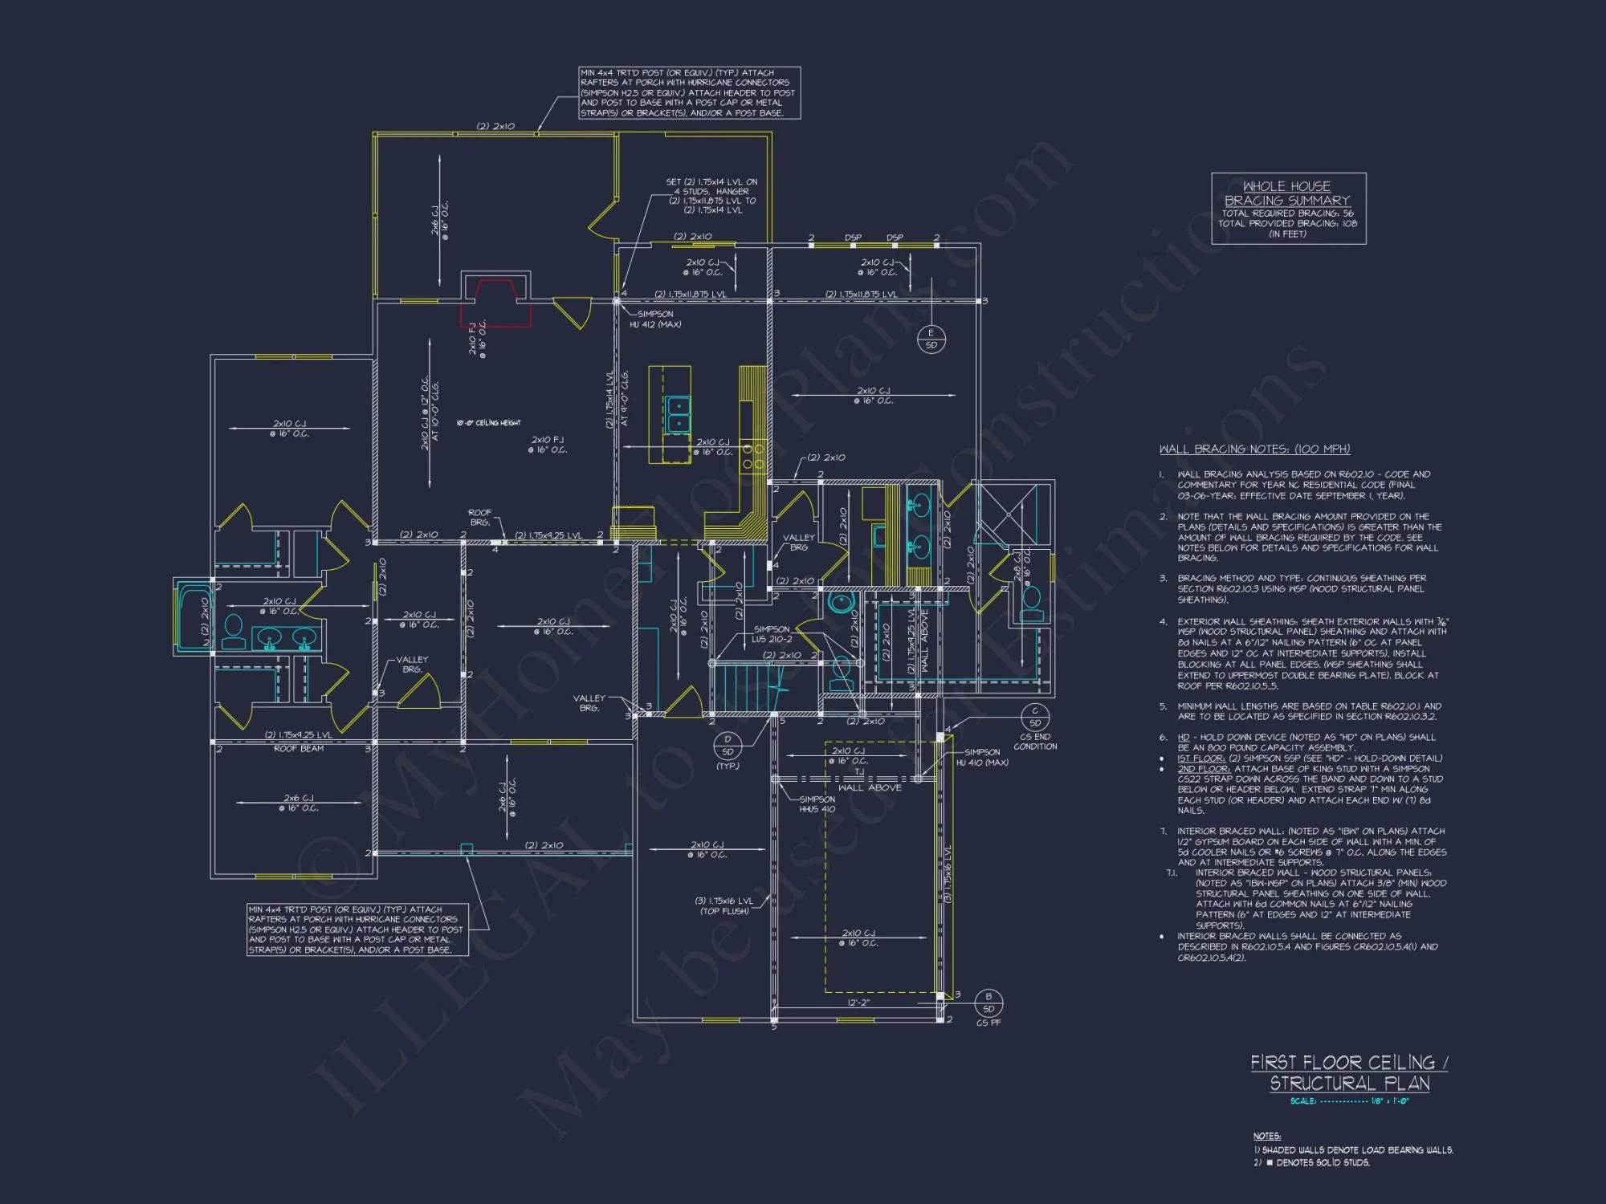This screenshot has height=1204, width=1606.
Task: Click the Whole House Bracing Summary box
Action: [1288, 209]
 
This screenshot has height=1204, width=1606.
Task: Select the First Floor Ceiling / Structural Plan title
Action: [1349, 1072]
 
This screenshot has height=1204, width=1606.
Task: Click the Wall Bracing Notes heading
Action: [1254, 449]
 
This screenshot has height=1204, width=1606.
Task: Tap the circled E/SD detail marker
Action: [931, 339]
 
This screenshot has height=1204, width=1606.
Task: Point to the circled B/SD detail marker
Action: [988, 1003]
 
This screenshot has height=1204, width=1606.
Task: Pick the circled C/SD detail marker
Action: [1035, 717]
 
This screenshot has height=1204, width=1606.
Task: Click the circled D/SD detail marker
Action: [728, 746]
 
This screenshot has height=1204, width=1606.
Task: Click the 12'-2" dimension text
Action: [858, 1003]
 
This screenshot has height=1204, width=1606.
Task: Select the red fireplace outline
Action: [495, 303]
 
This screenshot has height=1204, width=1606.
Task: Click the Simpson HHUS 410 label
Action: [817, 804]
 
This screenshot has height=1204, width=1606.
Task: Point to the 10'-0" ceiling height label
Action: [488, 423]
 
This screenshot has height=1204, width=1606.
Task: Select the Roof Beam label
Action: [299, 749]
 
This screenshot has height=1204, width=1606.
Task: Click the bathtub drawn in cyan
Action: [194, 618]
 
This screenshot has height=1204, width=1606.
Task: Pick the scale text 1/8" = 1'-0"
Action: [1349, 1101]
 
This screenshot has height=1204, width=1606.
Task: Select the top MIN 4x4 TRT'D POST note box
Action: [689, 93]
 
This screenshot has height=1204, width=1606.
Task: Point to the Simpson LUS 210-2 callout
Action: [772, 634]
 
